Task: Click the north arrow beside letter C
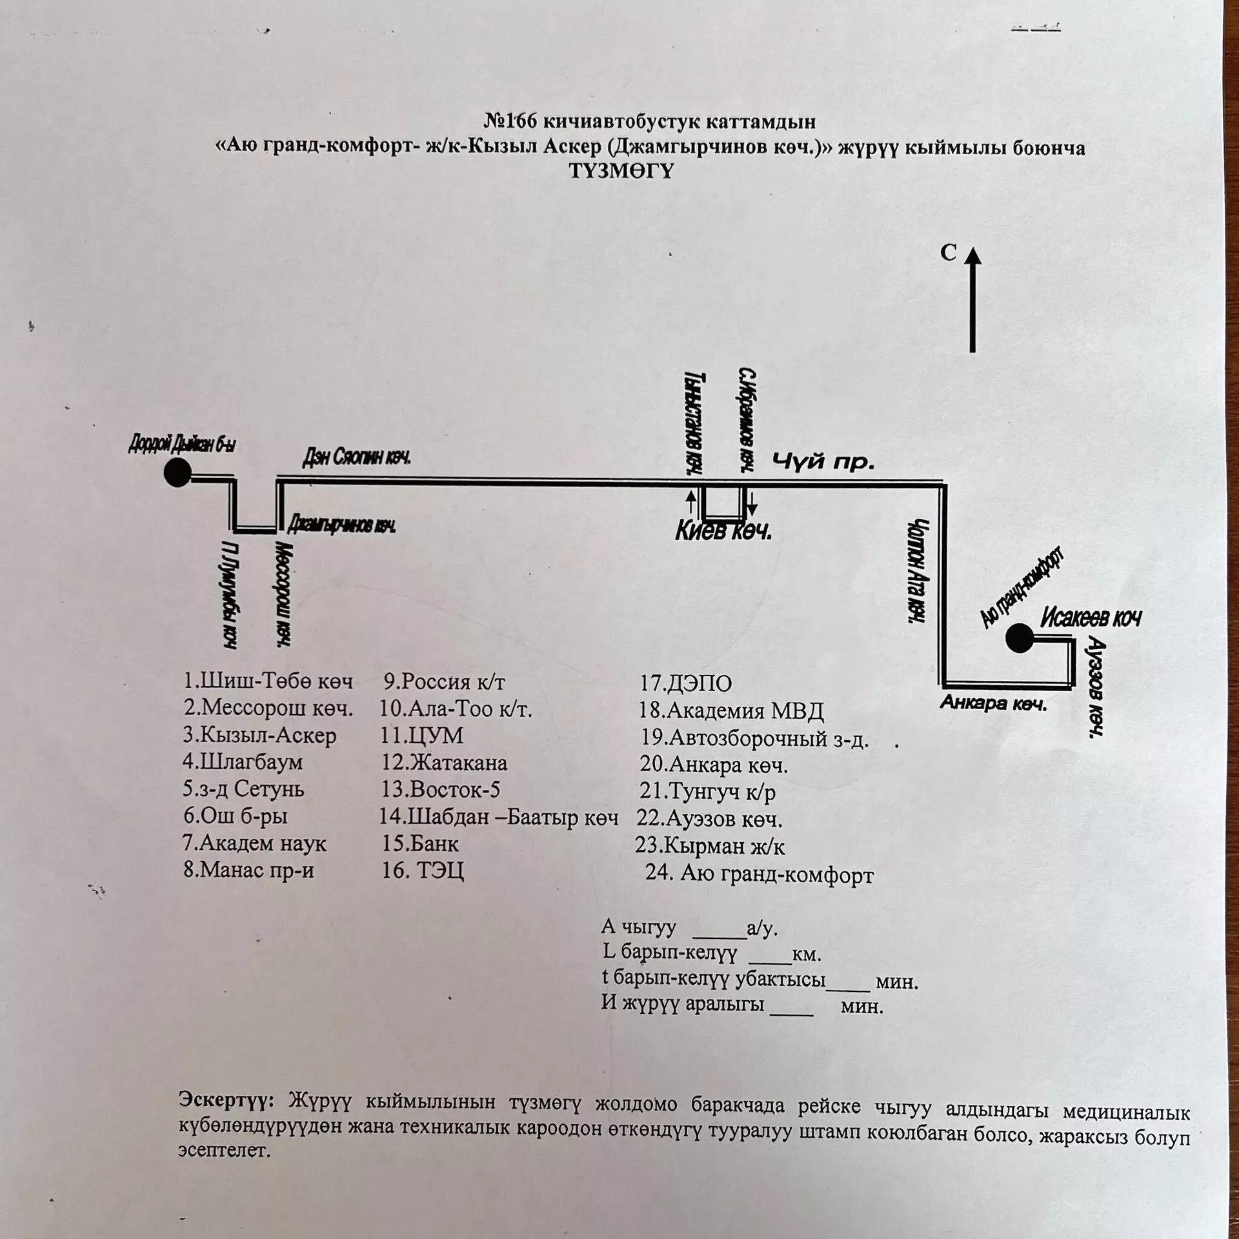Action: (972, 300)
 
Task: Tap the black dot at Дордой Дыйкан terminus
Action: (177, 472)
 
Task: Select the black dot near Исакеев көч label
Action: (1020, 638)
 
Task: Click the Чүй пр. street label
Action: (823, 462)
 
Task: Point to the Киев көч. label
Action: (723, 532)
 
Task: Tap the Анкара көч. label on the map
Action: (993, 703)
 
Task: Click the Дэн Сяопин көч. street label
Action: (357, 458)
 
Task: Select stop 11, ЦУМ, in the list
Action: (422, 736)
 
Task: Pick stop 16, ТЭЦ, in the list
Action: (423, 871)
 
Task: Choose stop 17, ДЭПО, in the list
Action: (686, 683)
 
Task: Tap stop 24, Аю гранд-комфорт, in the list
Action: (760, 874)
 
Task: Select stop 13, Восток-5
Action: (441, 790)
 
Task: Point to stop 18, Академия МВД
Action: (731, 710)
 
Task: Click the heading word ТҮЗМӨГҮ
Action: (621, 172)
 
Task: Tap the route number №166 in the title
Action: (510, 121)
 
